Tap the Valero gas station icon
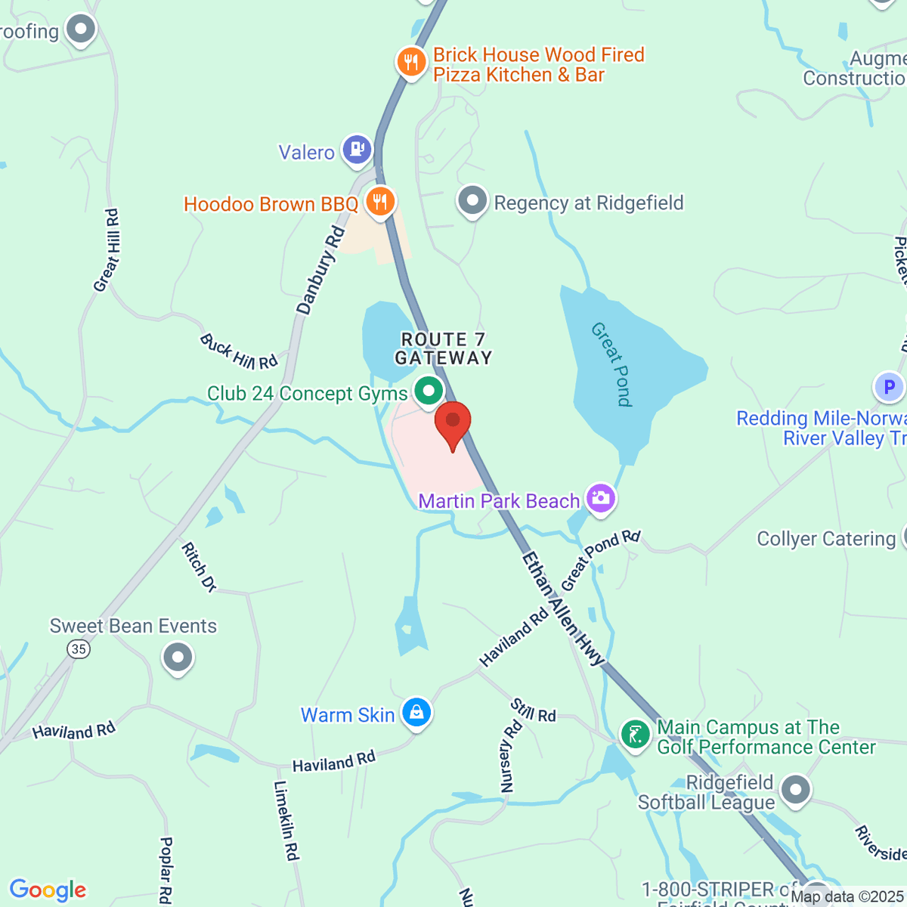click(x=356, y=149)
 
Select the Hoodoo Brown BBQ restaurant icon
click(x=379, y=201)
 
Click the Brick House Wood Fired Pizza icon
click(x=411, y=61)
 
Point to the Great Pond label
click(x=612, y=364)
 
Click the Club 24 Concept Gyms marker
click(x=429, y=392)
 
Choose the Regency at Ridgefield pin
click(x=473, y=201)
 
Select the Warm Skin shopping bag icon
click(x=416, y=712)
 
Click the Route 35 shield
click(x=78, y=649)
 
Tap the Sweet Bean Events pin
click(x=178, y=657)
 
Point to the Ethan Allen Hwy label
click(x=563, y=609)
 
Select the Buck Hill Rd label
click(x=239, y=351)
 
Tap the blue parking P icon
click(x=889, y=387)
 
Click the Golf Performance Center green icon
click(x=636, y=734)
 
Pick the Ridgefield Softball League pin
click(x=795, y=791)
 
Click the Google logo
click(x=48, y=890)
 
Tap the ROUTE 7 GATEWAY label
click(x=444, y=348)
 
